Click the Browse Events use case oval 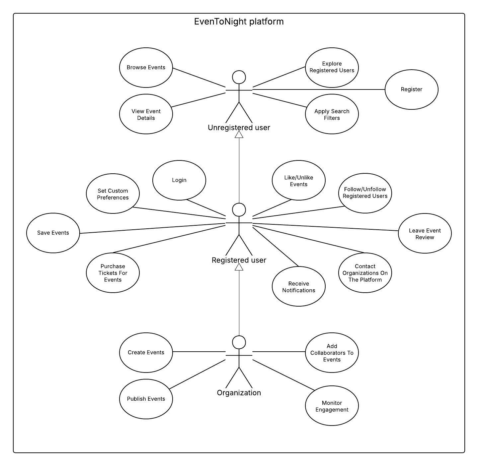coord(146,68)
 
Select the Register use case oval coord(412,89)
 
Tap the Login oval coord(179,180)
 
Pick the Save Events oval coord(53,233)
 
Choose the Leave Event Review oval coord(425,234)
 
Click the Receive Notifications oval coord(299,287)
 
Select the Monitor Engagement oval coord(332,406)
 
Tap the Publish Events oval coord(146,399)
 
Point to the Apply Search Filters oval coord(332,114)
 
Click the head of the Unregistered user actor coord(239,77)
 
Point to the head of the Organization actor coord(239,342)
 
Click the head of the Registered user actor coord(239,210)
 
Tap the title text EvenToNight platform coord(239,22)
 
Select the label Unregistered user coord(239,128)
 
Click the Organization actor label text coord(239,393)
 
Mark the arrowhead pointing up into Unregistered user coord(239,135)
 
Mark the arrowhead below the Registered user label coord(239,267)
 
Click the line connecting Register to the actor coord(319,89)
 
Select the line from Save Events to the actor coord(153,228)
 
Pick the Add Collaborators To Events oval coord(332,353)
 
